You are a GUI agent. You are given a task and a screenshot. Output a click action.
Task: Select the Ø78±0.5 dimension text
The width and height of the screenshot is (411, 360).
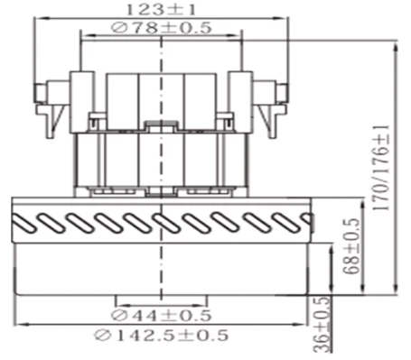tap(161, 28)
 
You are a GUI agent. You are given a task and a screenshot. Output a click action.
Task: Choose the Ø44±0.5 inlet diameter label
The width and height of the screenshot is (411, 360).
tap(161, 315)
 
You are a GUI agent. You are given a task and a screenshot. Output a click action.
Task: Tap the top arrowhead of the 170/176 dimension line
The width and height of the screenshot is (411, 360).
tap(397, 41)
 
